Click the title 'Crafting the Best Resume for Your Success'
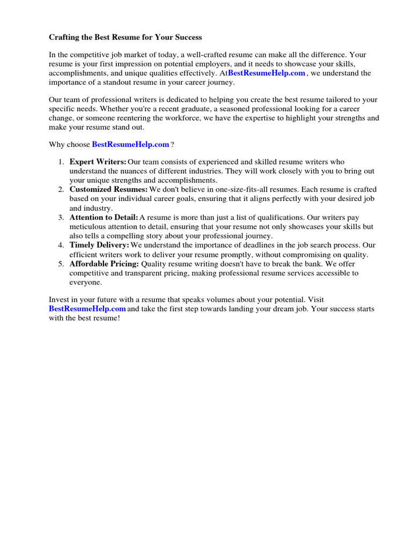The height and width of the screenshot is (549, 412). click(x=126, y=38)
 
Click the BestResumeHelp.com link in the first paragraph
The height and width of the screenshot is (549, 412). click(x=267, y=73)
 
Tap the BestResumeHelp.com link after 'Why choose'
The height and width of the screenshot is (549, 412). click(x=130, y=145)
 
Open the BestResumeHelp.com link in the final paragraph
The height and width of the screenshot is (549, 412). click(x=87, y=309)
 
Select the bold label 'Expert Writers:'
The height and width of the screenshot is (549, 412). click(x=98, y=162)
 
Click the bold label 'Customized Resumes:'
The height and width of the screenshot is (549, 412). click(x=108, y=190)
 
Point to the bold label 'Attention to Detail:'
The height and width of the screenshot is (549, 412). click(x=104, y=218)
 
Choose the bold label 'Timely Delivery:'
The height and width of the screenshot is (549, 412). click(x=99, y=245)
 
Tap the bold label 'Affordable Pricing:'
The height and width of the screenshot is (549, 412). click(x=104, y=264)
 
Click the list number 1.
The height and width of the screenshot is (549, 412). click(x=61, y=162)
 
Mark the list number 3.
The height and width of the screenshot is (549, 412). click(x=61, y=218)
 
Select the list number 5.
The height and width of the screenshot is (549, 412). click(x=61, y=264)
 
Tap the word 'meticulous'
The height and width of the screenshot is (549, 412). click(x=87, y=227)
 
